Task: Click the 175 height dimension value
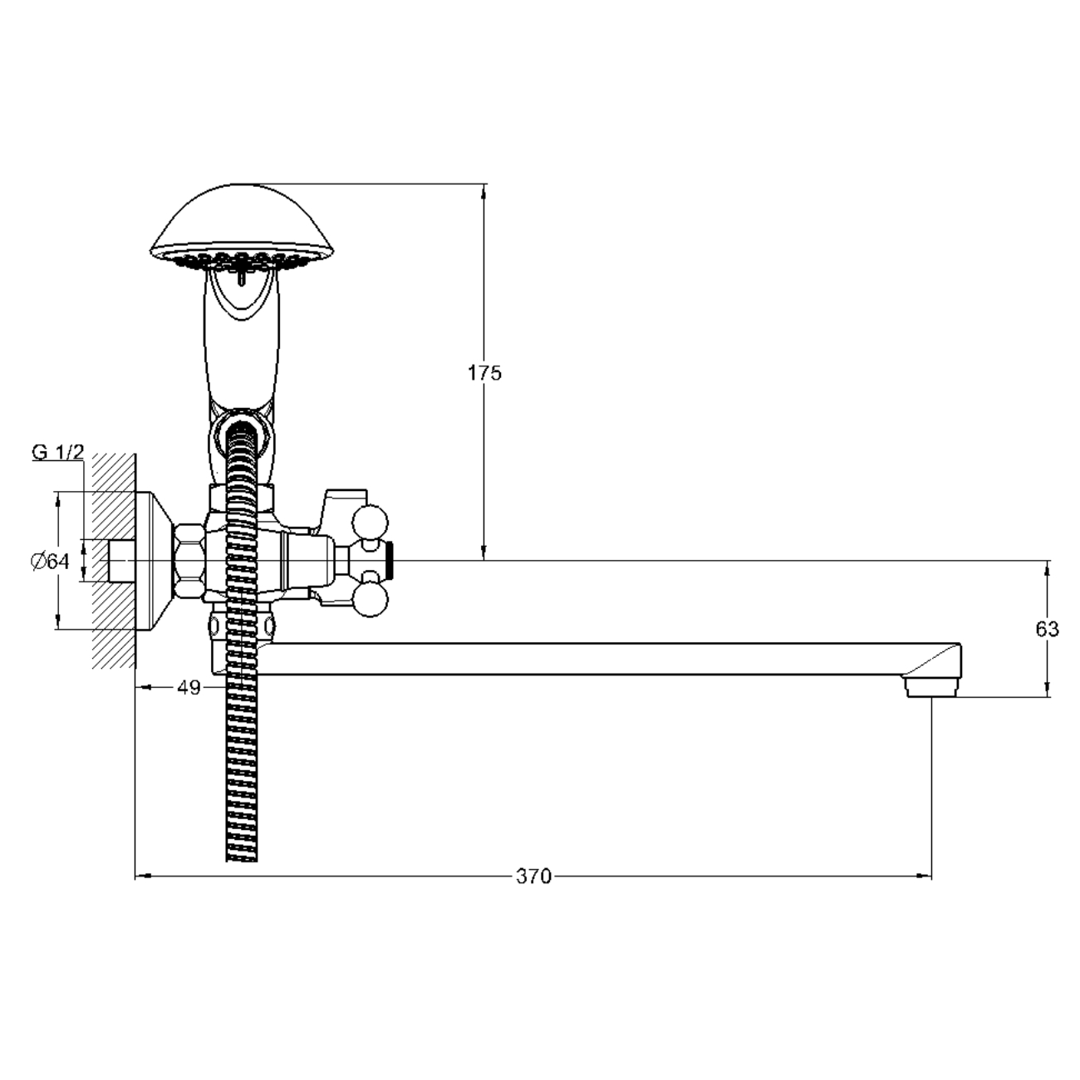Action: coord(485,373)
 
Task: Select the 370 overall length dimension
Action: coord(533,876)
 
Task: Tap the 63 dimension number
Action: coord(1047,630)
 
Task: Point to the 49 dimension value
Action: coord(189,687)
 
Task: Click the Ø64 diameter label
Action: coord(51,561)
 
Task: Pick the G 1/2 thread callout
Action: coord(57,452)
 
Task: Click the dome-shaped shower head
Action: coord(242,230)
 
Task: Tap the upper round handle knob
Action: coord(370,523)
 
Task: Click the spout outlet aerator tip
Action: coord(931,686)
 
